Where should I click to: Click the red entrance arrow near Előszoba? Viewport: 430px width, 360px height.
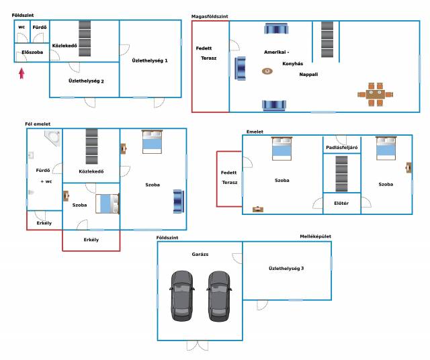tap(22, 73)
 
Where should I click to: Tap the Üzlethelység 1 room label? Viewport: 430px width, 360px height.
tap(150, 60)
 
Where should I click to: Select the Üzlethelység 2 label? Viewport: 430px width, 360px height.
tap(86, 81)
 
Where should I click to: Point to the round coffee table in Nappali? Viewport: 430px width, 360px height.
tap(267, 71)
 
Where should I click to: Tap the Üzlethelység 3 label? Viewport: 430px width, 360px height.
tap(286, 269)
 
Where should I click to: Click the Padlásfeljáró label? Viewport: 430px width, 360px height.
tap(341, 147)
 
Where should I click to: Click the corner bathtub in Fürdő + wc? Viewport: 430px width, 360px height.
tap(52, 139)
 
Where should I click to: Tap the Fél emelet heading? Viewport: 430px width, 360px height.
tap(38, 124)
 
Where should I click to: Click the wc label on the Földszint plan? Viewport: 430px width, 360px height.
tap(21, 28)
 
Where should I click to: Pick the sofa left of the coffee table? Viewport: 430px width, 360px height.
tap(241, 69)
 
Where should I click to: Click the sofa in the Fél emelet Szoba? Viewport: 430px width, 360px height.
tap(178, 201)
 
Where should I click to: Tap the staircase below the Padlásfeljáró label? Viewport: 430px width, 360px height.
tap(341, 173)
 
